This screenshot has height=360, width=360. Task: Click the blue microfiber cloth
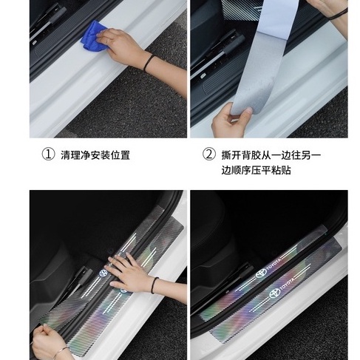pos(93,36)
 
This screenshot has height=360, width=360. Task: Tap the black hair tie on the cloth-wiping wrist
pos(149,63)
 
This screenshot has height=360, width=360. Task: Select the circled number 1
pos(48,154)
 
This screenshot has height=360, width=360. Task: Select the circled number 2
pos(208,154)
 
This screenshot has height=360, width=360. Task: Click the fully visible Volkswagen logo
pos(103,274)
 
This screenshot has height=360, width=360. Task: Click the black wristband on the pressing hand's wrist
pos(154,285)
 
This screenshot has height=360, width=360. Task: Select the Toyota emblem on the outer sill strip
pos(275,293)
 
